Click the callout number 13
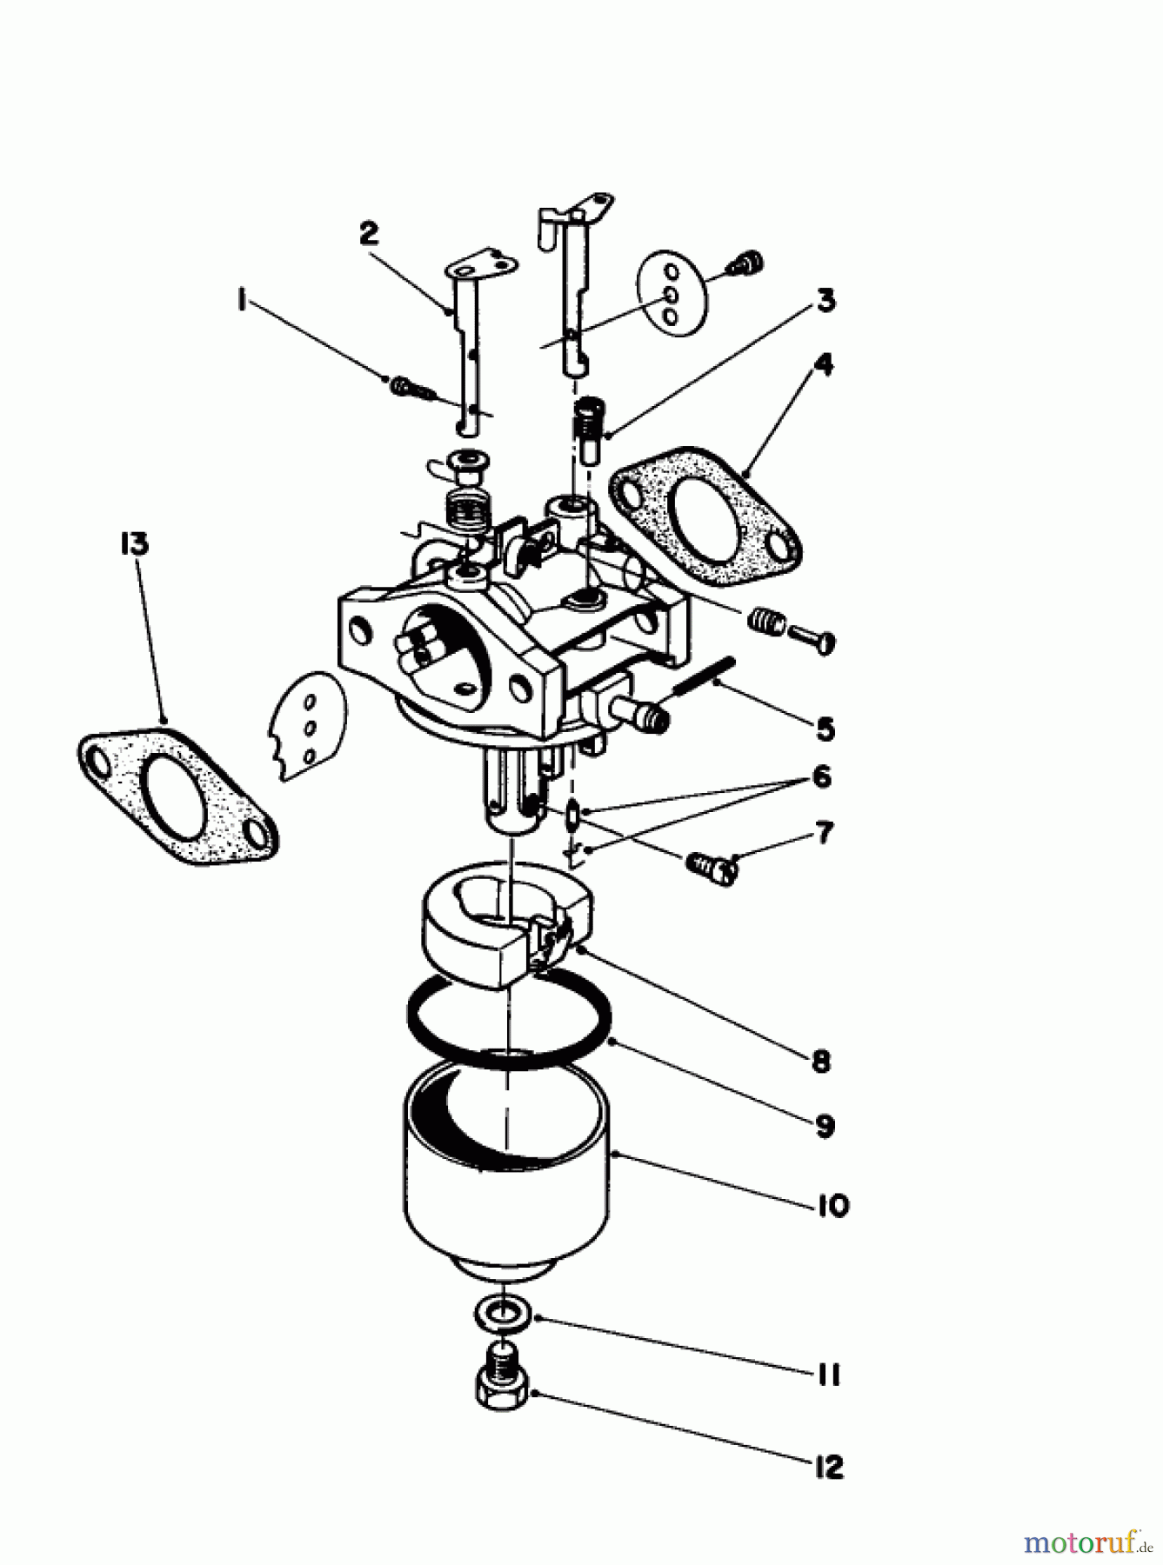point(135,545)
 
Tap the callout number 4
point(821,365)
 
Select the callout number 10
point(832,1206)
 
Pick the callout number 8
point(821,1061)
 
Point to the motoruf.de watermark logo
point(1088,1542)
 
